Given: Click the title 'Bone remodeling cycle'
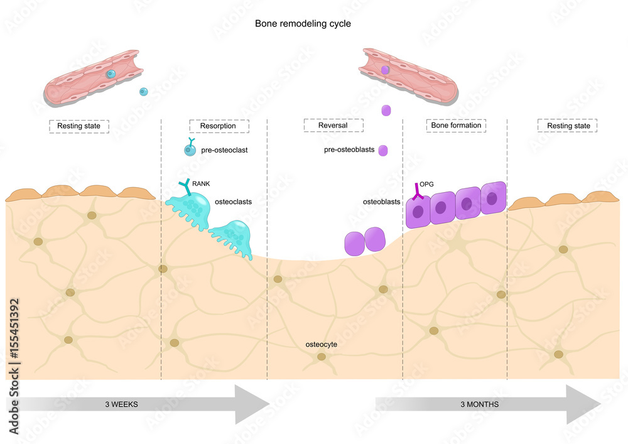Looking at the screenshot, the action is click(x=303, y=24).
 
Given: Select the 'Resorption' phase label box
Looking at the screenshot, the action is click(x=219, y=126).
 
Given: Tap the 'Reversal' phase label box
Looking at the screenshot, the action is click(x=333, y=126).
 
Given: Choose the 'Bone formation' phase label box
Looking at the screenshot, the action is click(x=456, y=126).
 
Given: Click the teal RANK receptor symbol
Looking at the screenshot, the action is click(x=185, y=187).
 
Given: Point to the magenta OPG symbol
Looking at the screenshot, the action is click(x=418, y=192).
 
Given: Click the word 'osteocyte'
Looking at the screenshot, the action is click(x=321, y=344).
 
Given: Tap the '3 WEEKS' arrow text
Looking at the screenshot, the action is click(x=121, y=404).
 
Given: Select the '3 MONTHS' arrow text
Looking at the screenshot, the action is click(x=479, y=404).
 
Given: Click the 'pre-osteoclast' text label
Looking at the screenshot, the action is click(x=224, y=150).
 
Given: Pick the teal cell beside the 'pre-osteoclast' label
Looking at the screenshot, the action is click(x=190, y=149).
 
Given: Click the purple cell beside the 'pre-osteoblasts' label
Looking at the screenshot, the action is click(x=383, y=151).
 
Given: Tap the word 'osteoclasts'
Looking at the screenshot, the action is click(x=233, y=202).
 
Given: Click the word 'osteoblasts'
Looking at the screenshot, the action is click(x=381, y=202).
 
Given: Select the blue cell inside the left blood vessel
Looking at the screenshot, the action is click(x=111, y=74).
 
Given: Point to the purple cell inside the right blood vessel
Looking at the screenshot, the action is click(x=385, y=70).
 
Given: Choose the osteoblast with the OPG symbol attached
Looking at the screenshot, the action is click(x=418, y=212).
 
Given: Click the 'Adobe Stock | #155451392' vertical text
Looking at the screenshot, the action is click(x=14, y=366).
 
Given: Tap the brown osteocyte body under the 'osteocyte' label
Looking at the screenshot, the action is click(x=322, y=356).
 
